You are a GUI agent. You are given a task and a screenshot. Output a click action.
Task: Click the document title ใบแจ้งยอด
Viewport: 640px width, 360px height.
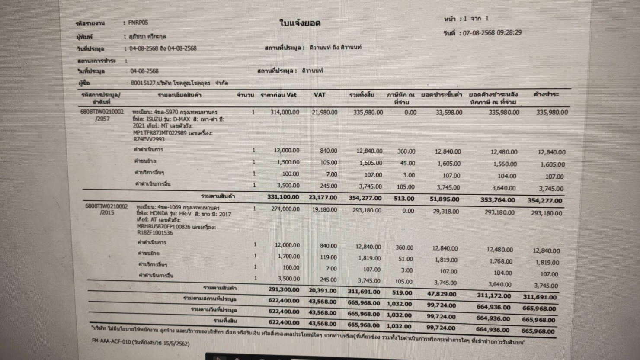tap(300, 23)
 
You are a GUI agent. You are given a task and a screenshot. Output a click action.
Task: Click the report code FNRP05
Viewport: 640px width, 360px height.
tap(138, 22)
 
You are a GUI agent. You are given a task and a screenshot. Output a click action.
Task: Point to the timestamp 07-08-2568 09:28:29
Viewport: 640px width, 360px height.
tap(492, 32)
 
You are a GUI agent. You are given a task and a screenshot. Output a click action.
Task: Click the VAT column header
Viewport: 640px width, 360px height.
tap(320, 95)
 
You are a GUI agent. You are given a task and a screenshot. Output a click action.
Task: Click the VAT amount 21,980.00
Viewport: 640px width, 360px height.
tap(324, 112)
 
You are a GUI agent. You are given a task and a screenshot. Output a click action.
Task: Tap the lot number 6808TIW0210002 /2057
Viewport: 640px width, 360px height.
tap(102, 115)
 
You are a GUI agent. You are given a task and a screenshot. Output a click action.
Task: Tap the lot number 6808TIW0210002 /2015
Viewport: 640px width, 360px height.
tap(106, 209)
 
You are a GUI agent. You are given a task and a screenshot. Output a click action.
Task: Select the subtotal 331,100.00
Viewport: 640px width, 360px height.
tap(283, 197)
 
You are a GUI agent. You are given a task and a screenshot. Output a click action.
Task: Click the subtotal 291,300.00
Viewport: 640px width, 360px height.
tap(284, 289)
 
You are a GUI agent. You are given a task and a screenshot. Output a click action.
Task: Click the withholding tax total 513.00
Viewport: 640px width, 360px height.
tap(404, 199)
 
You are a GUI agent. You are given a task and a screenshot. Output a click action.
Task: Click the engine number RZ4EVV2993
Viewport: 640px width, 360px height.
tap(149, 139)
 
